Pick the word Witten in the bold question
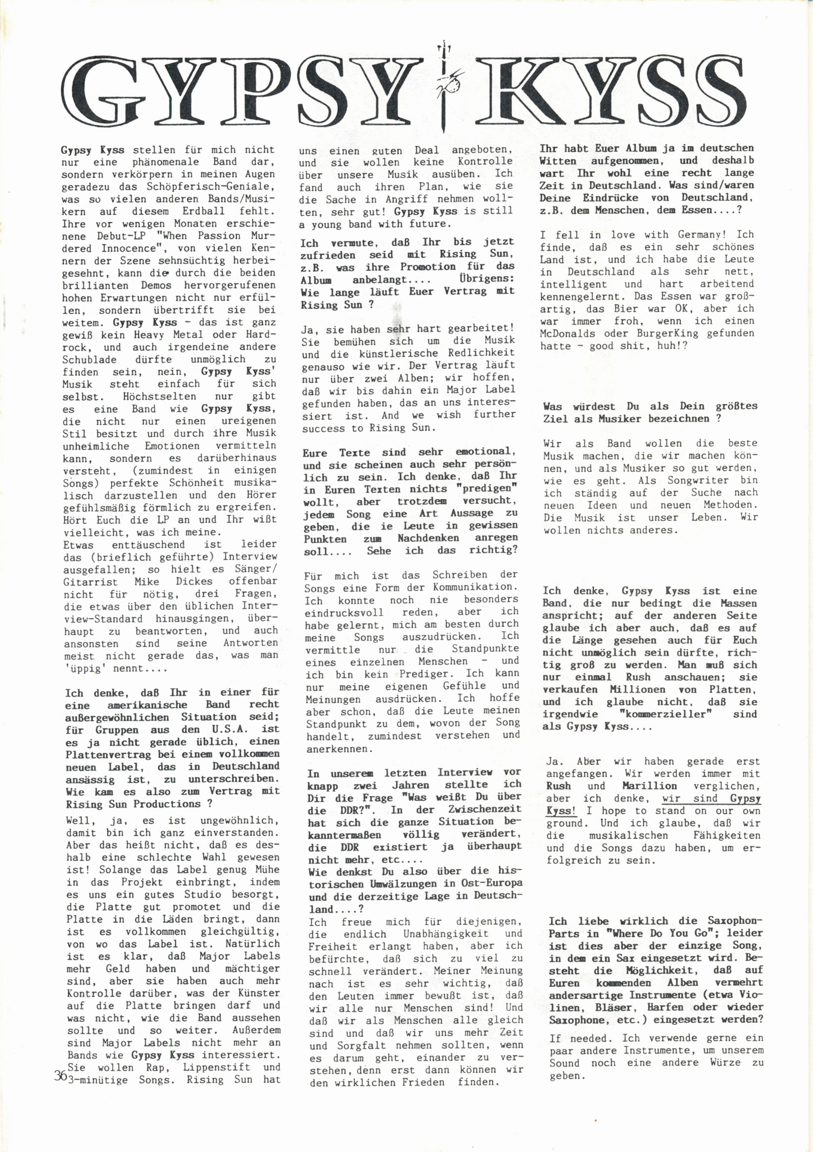[x=558, y=161]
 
